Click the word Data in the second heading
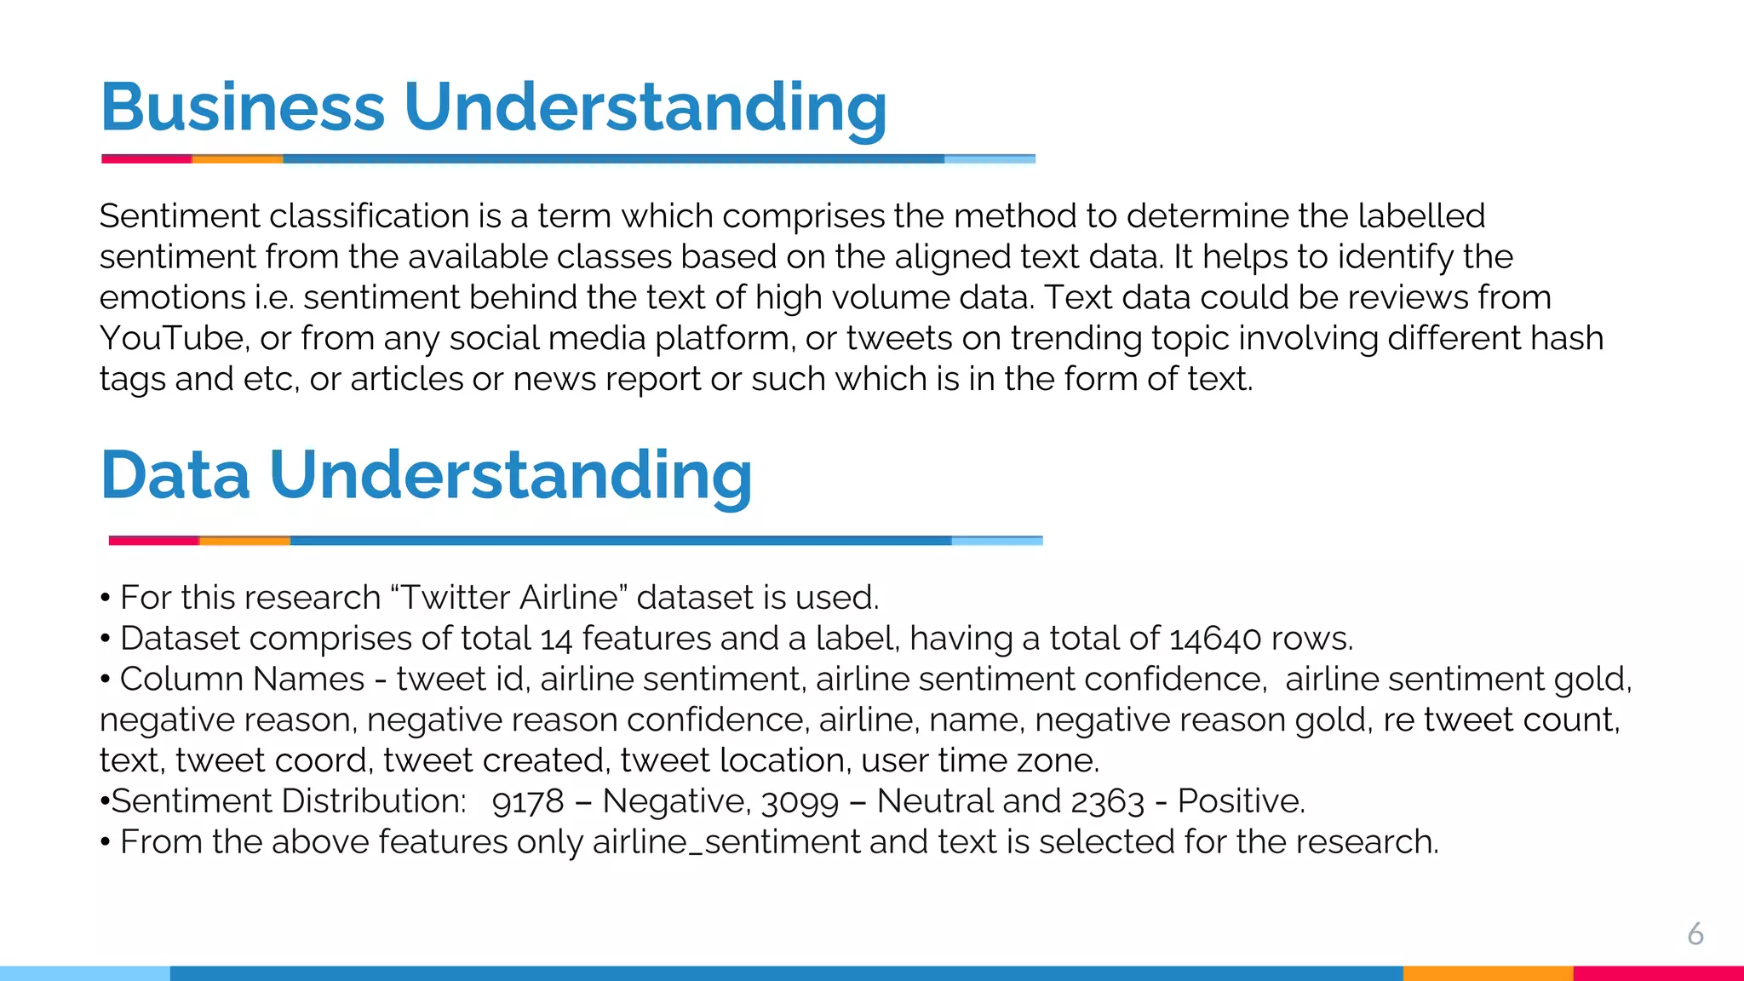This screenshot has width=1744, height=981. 175,475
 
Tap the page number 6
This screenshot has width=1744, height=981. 1695,934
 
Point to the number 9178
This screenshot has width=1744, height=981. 528,801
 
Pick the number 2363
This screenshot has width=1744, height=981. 1108,801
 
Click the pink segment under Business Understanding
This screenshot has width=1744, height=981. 146,158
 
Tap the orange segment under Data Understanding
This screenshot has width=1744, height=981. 244,541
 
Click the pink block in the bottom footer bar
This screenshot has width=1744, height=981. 1658,973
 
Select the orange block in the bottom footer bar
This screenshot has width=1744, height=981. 1488,973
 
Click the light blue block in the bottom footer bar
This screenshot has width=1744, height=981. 85,973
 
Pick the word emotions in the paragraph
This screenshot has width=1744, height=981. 173,298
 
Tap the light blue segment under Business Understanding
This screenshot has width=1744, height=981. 990,158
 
